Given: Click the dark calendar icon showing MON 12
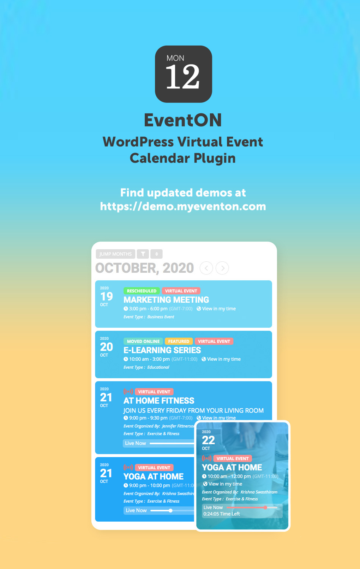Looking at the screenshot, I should click(x=183, y=74).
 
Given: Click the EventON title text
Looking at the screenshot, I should click(x=183, y=120).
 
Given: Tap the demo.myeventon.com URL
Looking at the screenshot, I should click(x=183, y=206).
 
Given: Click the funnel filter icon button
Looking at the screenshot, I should click(x=143, y=254).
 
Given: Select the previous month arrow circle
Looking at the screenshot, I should click(x=206, y=268).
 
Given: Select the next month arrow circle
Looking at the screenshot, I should click(x=222, y=268).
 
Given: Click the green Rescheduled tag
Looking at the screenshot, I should click(x=142, y=291).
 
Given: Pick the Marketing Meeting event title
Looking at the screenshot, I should click(x=166, y=300).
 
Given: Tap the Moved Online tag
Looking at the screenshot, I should click(x=143, y=342).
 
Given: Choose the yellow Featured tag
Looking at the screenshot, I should click(x=179, y=342).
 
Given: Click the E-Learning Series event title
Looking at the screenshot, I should click(x=162, y=350).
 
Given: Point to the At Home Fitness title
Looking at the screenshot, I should click(x=159, y=401).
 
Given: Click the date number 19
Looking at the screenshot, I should click(x=106, y=296).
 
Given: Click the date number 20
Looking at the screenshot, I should click(x=106, y=347).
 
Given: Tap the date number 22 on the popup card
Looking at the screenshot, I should click(x=208, y=440).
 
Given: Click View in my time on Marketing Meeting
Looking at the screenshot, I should click(x=218, y=309).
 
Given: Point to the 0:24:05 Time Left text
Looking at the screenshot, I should click(x=222, y=514).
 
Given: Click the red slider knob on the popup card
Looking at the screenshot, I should click(x=265, y=508).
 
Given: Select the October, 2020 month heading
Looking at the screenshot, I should click(x=144, y=268).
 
